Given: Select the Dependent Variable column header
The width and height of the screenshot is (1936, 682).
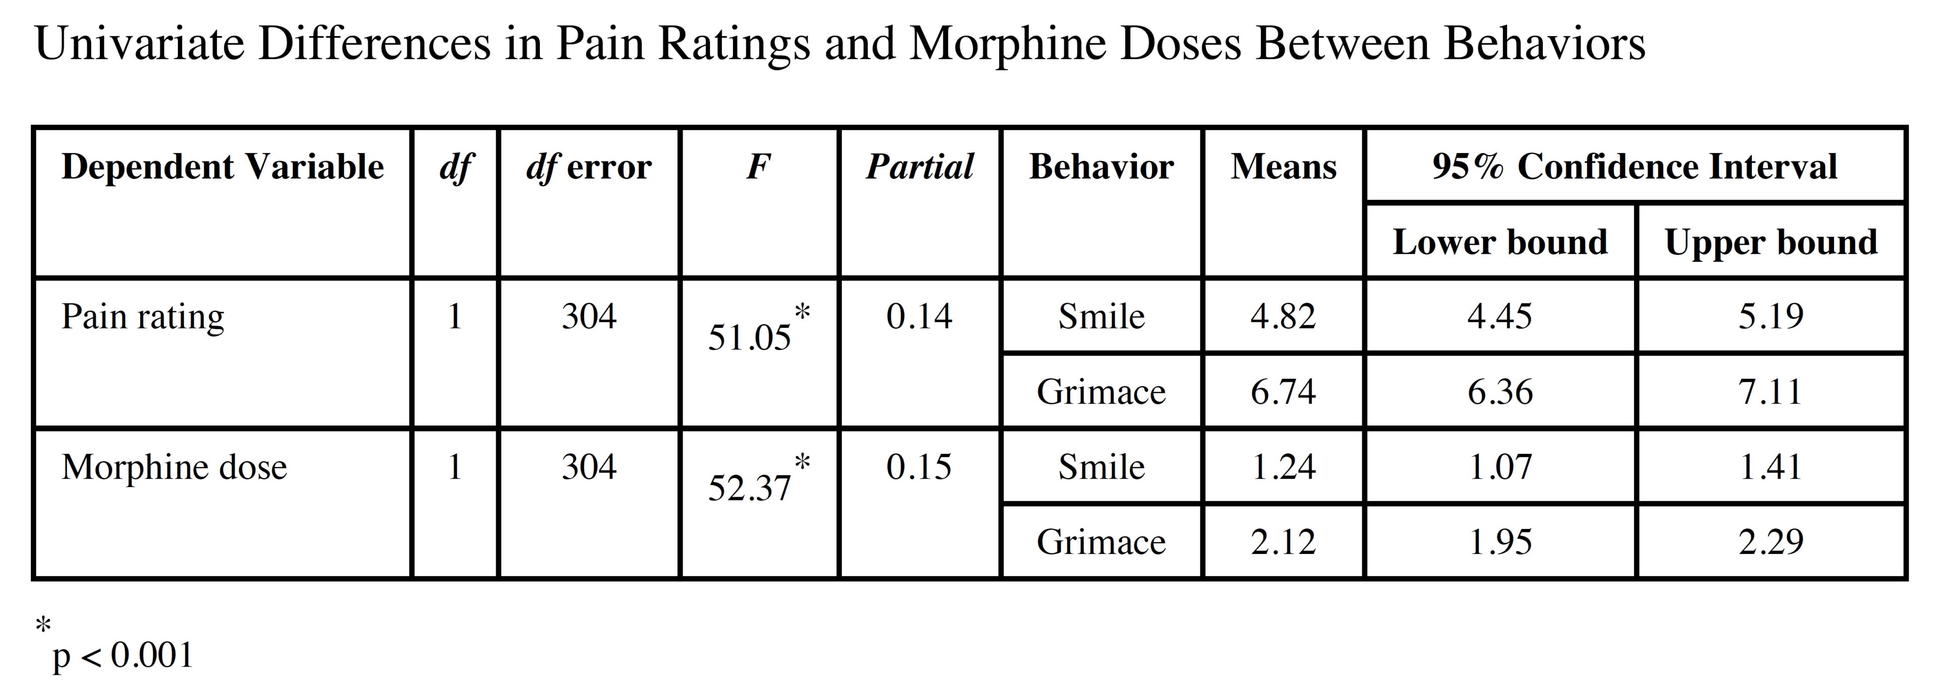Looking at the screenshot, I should [x=222, y=167].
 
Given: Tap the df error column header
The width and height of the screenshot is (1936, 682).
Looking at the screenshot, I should [x=588, y=167].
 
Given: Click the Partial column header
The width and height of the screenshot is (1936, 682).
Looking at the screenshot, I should [x=919, y=167].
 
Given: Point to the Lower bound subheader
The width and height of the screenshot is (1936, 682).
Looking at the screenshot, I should [x=1499, y=242].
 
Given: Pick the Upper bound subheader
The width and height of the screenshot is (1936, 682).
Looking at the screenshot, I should [x=1771, y=242].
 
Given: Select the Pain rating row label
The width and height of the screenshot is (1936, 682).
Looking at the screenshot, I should [x=143, y=317].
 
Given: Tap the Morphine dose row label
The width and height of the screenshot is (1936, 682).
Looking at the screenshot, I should [x=174, y=467].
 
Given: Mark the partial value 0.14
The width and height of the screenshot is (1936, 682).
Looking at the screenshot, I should [x=919, y=316].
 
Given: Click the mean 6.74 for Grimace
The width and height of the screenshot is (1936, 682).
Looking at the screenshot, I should [x=1283, y=391].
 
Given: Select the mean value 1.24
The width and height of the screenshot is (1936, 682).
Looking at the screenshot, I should [x=1283, y=467].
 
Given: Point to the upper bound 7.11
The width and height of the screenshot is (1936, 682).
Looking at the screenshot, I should [x=1771, y=391].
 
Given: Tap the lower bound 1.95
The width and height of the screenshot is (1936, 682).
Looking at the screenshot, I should [x=1499, y=541].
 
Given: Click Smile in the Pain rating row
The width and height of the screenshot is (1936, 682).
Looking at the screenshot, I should [x=1101, y=316].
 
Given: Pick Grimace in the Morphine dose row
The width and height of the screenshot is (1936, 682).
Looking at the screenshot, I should [x=1101, y=541].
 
